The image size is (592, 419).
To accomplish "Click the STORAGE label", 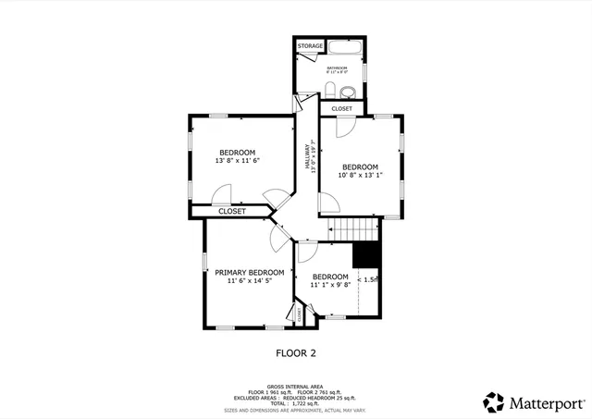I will click(310, 45).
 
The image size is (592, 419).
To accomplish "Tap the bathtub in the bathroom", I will click(343, 49).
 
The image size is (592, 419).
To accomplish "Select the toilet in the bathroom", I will click(330, 90).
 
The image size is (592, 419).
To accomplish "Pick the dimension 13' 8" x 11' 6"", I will click(237, 161).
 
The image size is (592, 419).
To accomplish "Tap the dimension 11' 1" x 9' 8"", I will click(329, 286).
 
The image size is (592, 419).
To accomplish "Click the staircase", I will click(355, 228).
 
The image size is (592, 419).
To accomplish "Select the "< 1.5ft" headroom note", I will click(369, 279).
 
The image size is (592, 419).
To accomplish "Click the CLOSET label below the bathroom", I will click(342, 108).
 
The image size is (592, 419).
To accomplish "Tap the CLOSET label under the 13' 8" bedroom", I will click(232, 211).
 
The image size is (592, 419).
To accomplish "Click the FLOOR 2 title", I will click(296, 352).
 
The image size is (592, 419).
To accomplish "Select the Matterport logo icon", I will click(494, 402).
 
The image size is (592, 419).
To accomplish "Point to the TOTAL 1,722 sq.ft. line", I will click(296, 403).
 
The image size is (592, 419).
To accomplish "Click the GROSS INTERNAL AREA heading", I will click(296, 387).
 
